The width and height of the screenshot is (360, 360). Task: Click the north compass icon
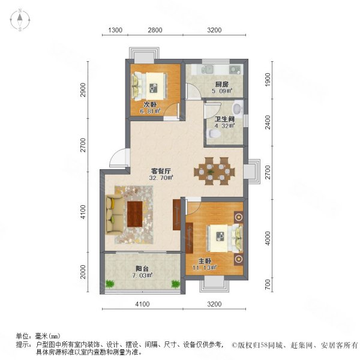point(20,21)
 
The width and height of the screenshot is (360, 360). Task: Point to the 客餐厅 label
point(161,170)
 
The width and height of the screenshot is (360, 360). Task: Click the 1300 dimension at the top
point(116,30)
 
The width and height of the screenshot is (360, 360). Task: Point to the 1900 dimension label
point(268,79)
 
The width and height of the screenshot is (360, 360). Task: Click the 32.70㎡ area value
point(162,178)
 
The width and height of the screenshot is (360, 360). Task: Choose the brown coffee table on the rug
point(135,213)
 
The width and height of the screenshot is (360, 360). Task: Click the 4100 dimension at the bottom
point(142,305)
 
